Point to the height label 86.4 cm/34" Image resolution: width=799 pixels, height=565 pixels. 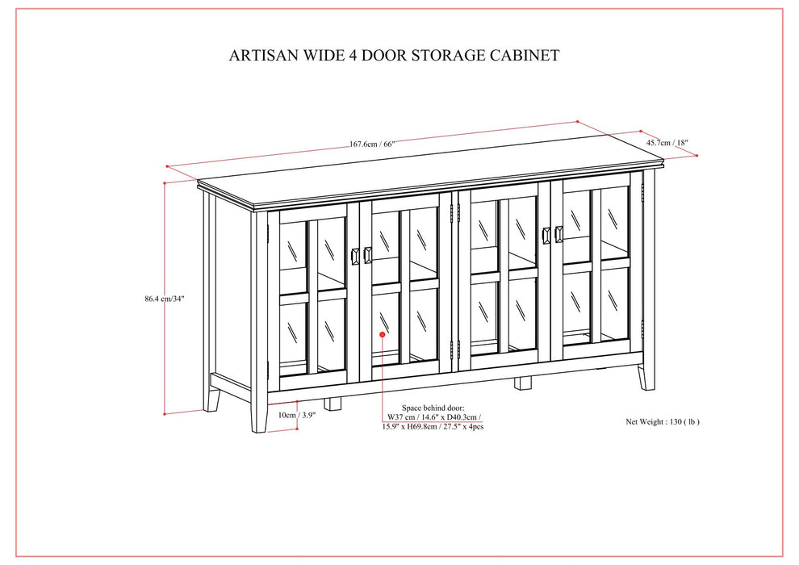coord(165,299)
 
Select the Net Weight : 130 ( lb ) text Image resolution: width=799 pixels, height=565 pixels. coord(663,421)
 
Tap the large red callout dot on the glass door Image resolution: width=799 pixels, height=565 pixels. coord(382,334)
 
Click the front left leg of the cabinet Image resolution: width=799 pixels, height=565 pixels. coord(259,420)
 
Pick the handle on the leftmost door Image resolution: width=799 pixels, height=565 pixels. coord(355,256)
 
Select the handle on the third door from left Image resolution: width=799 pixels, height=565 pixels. coord(546,234)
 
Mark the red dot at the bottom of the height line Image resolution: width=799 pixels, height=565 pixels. coord(165,413)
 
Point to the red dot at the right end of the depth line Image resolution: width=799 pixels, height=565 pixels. coord(697,156)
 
